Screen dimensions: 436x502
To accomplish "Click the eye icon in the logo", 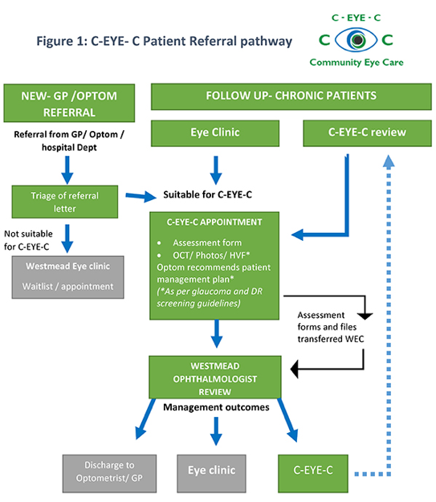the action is click(x=356, y=40).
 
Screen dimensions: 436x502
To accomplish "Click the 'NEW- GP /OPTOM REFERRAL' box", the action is click(x=69, y=103).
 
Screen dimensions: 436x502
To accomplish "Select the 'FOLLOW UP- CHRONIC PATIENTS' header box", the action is click(x=291, y=96).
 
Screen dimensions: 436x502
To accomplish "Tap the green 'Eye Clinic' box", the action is click(x=215, y=133).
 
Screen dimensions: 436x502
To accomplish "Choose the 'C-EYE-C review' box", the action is click(x=367, y=133).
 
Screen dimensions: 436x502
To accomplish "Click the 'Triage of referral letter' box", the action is click(x=65, y=202).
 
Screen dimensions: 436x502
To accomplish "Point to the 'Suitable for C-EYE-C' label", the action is click(x=207, y=194).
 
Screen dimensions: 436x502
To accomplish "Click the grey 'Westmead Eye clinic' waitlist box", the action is click(x=68, y=277).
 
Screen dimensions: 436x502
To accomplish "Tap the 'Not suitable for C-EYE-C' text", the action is click(x=28, y=240).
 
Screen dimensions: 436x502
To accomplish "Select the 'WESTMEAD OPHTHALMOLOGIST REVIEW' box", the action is click(x=215, y=378).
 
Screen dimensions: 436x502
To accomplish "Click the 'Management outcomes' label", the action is click(x=216, y=407).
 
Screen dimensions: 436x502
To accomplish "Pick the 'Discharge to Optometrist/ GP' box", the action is click(x=109, y=474).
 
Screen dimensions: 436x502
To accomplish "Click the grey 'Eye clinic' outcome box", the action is click(x=212, y=474).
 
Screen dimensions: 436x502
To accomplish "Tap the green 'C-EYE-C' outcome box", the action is click(x=313, y=474).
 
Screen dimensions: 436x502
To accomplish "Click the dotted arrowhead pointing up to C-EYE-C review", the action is click(x=389, y=161).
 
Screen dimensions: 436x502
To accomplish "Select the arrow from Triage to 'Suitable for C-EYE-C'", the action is click(x=141, y=196).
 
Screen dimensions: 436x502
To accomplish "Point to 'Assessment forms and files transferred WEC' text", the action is click(x=330, y=327).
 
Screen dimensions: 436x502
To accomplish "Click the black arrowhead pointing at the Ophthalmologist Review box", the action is click(x=295, y=369).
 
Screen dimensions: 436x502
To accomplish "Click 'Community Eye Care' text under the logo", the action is click(x=357, y=63).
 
